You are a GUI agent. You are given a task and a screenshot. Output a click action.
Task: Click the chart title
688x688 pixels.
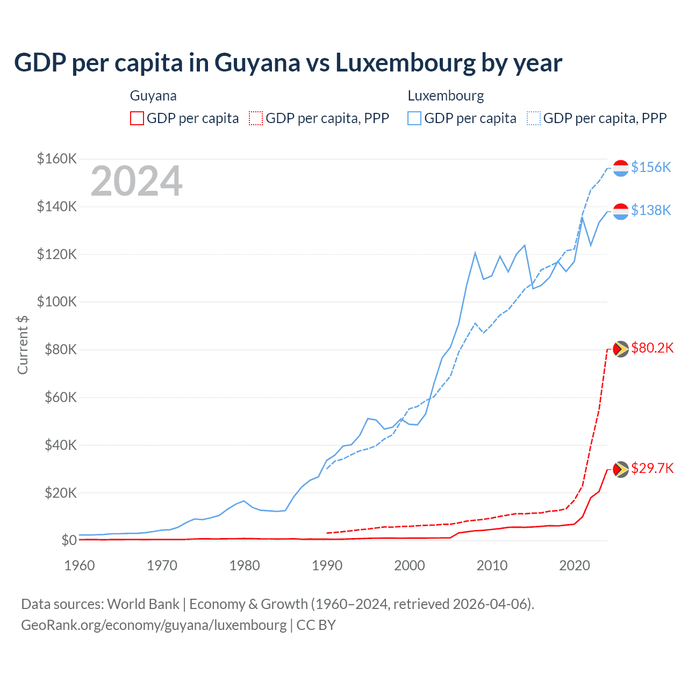pyautogui.click(x=288, y=63)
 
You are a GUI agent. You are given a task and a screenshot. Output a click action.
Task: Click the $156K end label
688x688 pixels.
pyautogui.click(x=651, y=167)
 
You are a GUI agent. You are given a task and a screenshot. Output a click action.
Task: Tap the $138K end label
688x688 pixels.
pyautogui.click(x=651, y=210)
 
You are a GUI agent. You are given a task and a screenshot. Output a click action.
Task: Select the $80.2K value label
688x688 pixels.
pyautogui.click(x=652, y=348)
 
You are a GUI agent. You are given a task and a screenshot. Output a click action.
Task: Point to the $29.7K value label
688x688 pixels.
pyautogui.click(x=652, y=468)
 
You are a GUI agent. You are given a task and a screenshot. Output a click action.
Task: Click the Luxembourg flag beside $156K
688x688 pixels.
pyautogui.click(x=621, y=168)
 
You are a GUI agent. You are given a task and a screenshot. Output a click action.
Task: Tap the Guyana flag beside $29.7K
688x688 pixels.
pyautogui.click(x=621, y=469)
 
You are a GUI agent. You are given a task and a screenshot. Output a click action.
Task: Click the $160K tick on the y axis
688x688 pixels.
pyautogui.click(x=57, y=159)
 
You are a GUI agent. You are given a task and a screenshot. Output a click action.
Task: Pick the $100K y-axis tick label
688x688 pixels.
pyautogui.click(x=57, y=302)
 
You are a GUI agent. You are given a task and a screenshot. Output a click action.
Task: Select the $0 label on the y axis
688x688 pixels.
pyautogui.click(x=69, y=540)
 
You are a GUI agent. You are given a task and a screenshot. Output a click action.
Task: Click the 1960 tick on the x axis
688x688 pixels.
pyautogui.click(x=80, y=565)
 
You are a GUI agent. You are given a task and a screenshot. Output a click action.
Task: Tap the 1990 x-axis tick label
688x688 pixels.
pyautogui.click(x=327, y=565)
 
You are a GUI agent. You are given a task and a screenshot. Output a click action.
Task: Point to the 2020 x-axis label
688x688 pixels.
pyautogui.click(x=575, y=565)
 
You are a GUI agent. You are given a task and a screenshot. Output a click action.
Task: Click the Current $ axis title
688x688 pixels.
pyautogui.click(x=23, y=345)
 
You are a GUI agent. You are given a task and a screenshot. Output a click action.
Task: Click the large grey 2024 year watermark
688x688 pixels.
pyautogui.click(x=137, y=181)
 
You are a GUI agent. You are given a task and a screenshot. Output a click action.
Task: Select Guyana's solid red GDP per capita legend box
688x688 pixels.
pyautogui.click(x=137, y=118)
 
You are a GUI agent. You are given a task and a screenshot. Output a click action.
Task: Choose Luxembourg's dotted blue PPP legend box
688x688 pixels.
pyautogui.click(x=534, y=118)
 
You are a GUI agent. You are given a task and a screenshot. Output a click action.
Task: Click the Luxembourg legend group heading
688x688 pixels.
pyautogui.click(x=446, y=96)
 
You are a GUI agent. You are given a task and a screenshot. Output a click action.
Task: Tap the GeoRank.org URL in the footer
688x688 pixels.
pyautogui.click(x=154, y=625)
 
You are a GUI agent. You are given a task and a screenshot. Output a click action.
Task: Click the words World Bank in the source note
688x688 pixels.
pyautogui.click(x=143, y=604)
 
